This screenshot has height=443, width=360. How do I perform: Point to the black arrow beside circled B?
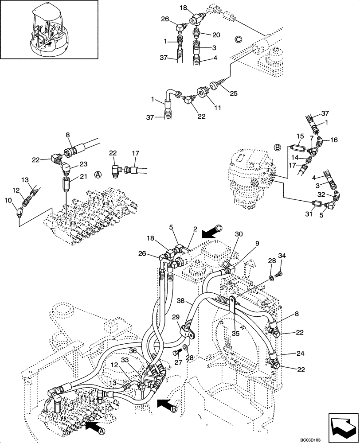166,404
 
